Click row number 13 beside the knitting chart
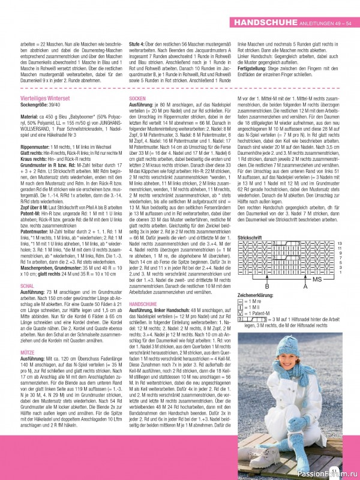click(x=340, y=243)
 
